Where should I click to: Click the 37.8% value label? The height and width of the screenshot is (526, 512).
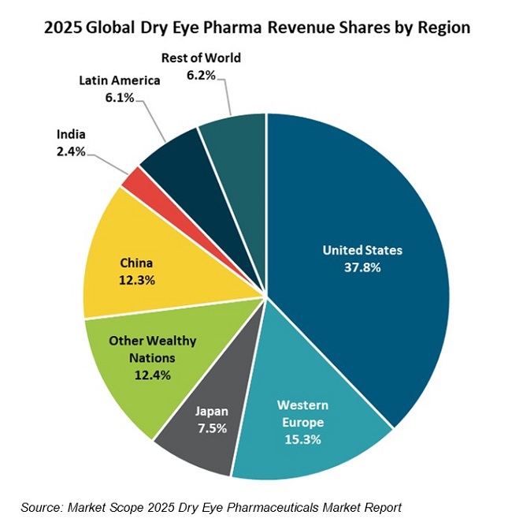[362, 267]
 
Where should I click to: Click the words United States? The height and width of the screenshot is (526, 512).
[362, 250]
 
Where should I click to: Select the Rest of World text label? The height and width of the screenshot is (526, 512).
[201, 58]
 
